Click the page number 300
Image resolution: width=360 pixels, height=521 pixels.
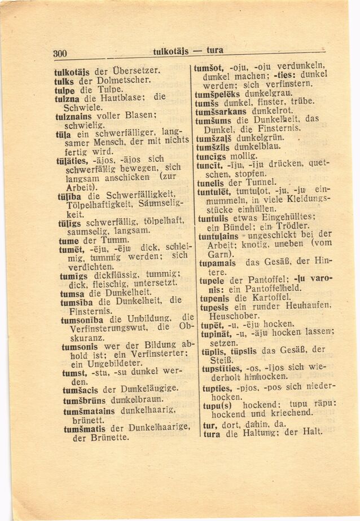point(60,54)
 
